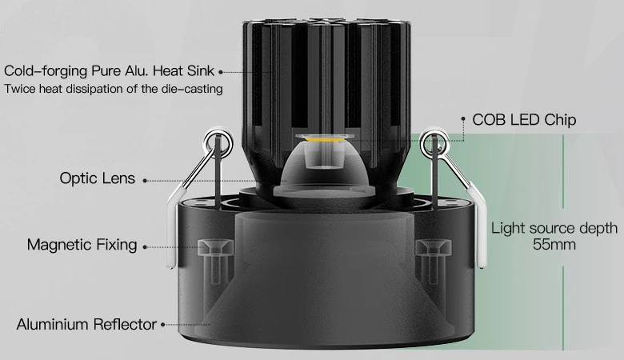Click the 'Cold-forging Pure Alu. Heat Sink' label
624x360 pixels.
coord(109,71)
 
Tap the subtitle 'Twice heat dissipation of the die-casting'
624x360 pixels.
coord(114,88)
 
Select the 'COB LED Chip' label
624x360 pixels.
coord(524,120)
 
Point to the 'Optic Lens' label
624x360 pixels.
coord(98,178)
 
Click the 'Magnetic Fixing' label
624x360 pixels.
coord(82,244)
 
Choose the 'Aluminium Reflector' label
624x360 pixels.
coord(86,324)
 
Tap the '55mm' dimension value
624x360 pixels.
coord(554,244)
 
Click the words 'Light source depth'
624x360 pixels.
coord(554,228)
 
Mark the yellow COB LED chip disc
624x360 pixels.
coord(325,138)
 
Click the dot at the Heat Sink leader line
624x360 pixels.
coord(221,72)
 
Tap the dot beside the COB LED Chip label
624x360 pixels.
coord(463,118)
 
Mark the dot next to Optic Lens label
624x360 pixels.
coord(145,181)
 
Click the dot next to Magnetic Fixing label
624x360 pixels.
coord(145,247)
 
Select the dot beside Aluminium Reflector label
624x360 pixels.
coord(162,325)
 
